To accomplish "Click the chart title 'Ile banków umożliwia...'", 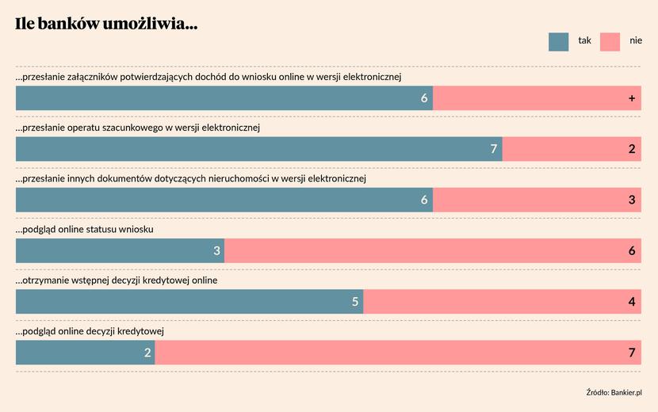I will tap(106, 25).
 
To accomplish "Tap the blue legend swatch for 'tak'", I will tap(558, 41).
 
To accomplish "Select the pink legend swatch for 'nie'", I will tap(610, 41).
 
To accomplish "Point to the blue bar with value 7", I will tap(258, 149).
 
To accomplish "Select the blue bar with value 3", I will tap(120, 251).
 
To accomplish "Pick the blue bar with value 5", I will tap(189, 302).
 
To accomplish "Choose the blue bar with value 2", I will tap(85, 353).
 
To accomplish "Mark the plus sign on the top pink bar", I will tap(632, 98).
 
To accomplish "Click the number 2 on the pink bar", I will tap(632, 149).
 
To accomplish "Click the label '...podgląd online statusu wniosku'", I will tap(85, 229).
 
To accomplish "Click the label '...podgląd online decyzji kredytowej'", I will tap(90, 330).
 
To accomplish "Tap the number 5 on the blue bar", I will tap(356, 302).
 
